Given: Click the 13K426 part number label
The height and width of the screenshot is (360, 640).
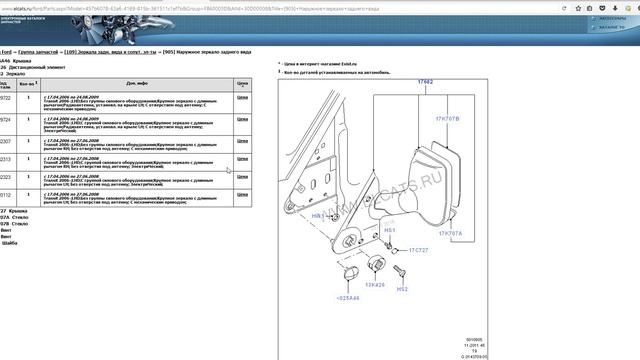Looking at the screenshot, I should coord(375,285).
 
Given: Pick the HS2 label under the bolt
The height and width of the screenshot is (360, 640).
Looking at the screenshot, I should coord(402,289).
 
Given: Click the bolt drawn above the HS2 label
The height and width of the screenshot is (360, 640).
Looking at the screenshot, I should coord(400,271).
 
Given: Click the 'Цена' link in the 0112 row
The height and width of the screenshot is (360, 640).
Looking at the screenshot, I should coord(242,194).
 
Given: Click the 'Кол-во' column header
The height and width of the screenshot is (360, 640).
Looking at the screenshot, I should coord(28,84).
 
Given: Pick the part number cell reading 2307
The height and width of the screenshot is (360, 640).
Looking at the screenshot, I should coord(6,142).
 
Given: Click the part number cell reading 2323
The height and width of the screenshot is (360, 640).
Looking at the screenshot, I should coord(6,177).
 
